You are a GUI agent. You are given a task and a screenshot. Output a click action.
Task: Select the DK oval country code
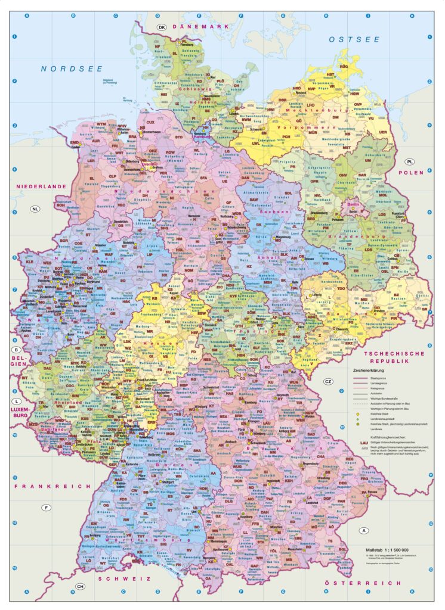tap(161, 27)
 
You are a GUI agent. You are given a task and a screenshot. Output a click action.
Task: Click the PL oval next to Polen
tap(410, 162)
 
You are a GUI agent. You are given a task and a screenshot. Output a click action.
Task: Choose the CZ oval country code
tap(328, 381)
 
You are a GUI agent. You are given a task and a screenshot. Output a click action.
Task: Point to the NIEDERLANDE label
tap(41, 186)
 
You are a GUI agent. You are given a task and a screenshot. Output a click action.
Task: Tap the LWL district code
tap(256, 143)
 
